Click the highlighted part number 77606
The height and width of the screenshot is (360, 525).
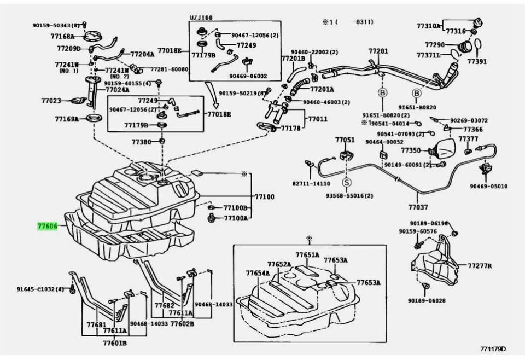47,225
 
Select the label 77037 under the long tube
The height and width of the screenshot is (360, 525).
418,207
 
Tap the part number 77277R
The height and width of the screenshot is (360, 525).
479,266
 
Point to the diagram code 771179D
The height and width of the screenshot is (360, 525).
493,349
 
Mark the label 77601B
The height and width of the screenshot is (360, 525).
115,343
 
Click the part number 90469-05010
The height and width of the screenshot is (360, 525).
488,186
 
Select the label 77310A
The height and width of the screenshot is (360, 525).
428,26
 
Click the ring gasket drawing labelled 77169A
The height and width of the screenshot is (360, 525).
95,119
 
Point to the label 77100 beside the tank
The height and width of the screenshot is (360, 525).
264,196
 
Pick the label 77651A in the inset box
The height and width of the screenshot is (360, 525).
307,255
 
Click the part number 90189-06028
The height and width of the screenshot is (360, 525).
427,300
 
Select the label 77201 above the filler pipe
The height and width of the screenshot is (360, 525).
378,51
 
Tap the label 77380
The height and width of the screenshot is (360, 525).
141,142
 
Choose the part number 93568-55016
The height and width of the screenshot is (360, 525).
349,195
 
